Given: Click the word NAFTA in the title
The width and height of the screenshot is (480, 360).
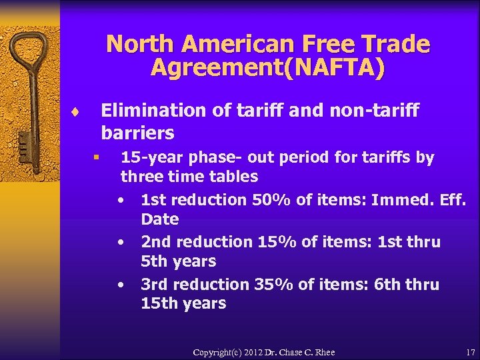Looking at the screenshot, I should click(346, 68).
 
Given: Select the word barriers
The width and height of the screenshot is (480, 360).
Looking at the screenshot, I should click(137, 132).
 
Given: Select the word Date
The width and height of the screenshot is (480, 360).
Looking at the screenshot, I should click(160, 219).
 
